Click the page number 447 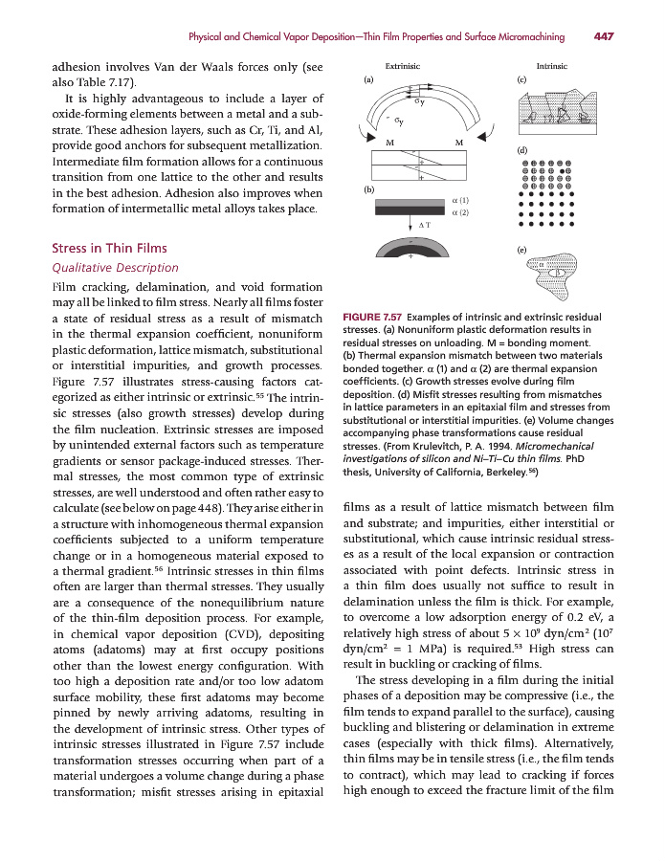603,37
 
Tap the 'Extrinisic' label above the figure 402,67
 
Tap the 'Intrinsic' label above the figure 552,67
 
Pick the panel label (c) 522,82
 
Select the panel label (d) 522,151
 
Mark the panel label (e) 522,249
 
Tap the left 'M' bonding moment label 388,143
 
